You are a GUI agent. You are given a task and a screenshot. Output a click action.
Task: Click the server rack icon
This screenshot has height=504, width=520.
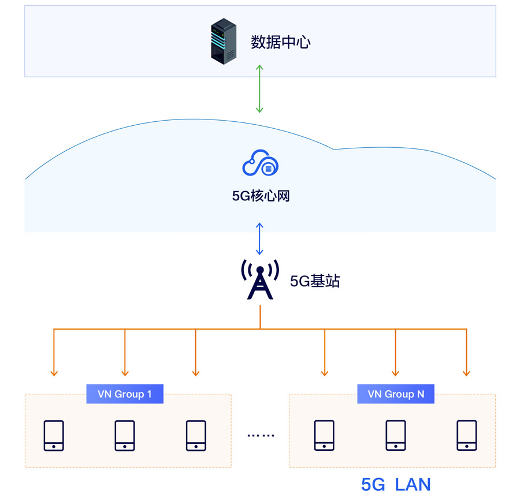point(224,41)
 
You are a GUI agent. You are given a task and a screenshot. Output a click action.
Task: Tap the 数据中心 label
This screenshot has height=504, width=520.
point(281,42)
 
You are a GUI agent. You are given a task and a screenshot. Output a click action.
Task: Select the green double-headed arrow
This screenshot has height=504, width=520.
point(260,89)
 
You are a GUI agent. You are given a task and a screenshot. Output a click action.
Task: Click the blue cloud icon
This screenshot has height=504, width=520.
point(260,163)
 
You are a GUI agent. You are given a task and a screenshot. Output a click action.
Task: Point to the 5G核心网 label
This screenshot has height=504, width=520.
point(261,196)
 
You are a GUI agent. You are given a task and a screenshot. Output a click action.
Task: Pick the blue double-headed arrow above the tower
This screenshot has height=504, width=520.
point(260,239)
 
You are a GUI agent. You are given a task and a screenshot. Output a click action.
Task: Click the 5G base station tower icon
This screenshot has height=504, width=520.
point(260,280)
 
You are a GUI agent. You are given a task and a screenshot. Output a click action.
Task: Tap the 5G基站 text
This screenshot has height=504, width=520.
point(315,281)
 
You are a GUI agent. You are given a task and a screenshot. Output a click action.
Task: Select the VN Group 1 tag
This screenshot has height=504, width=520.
point(125,394)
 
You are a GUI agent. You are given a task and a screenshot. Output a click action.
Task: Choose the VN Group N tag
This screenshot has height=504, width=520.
point(396,394)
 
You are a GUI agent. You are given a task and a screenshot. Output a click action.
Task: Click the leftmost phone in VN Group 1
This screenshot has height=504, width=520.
point(54,435)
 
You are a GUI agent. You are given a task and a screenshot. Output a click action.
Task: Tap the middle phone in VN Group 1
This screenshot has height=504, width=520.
point(125,435)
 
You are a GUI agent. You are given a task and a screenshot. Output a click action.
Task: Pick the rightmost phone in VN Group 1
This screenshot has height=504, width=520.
point(196,435)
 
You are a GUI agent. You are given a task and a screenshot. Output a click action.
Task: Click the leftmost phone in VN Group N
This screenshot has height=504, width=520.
point(324,435)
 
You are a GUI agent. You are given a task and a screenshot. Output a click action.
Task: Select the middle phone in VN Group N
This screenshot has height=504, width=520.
point(396,435)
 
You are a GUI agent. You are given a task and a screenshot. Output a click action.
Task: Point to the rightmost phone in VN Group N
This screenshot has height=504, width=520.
point(466,435)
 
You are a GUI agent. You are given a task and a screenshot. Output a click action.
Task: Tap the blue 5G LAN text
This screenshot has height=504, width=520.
point(396,484)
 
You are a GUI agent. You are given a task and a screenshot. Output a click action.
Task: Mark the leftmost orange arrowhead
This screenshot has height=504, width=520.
point(54,372)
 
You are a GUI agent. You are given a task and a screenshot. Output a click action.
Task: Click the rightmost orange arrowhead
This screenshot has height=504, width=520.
point(466,372)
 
